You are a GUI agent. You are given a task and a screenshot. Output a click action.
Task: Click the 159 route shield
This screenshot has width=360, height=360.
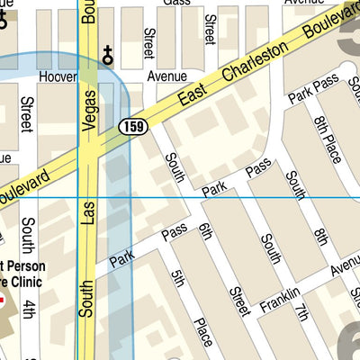click(x=132, y=127)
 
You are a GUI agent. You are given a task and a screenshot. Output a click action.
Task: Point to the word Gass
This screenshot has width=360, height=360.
click(x=176, y=3)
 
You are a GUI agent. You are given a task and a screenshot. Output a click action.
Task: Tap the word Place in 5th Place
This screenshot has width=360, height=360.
click(x=202, y=330)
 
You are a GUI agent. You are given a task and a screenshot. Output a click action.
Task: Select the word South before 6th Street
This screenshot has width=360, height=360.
click(x=174, y=167)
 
